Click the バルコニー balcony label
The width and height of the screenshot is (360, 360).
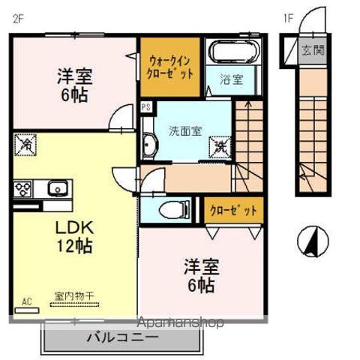pos(126,337)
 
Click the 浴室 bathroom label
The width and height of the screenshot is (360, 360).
pos(232,79)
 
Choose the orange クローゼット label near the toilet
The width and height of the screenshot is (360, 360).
pos(233,210)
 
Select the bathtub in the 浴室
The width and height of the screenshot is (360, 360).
pos(232,52)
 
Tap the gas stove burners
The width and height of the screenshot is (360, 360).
pos(22,187)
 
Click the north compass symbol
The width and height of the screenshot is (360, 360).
pos(313,241)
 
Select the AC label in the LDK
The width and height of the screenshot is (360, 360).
pos(27,302)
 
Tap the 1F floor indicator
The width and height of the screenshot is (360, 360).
pos(289,18)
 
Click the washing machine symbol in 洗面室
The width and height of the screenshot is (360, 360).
pos(222,144)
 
